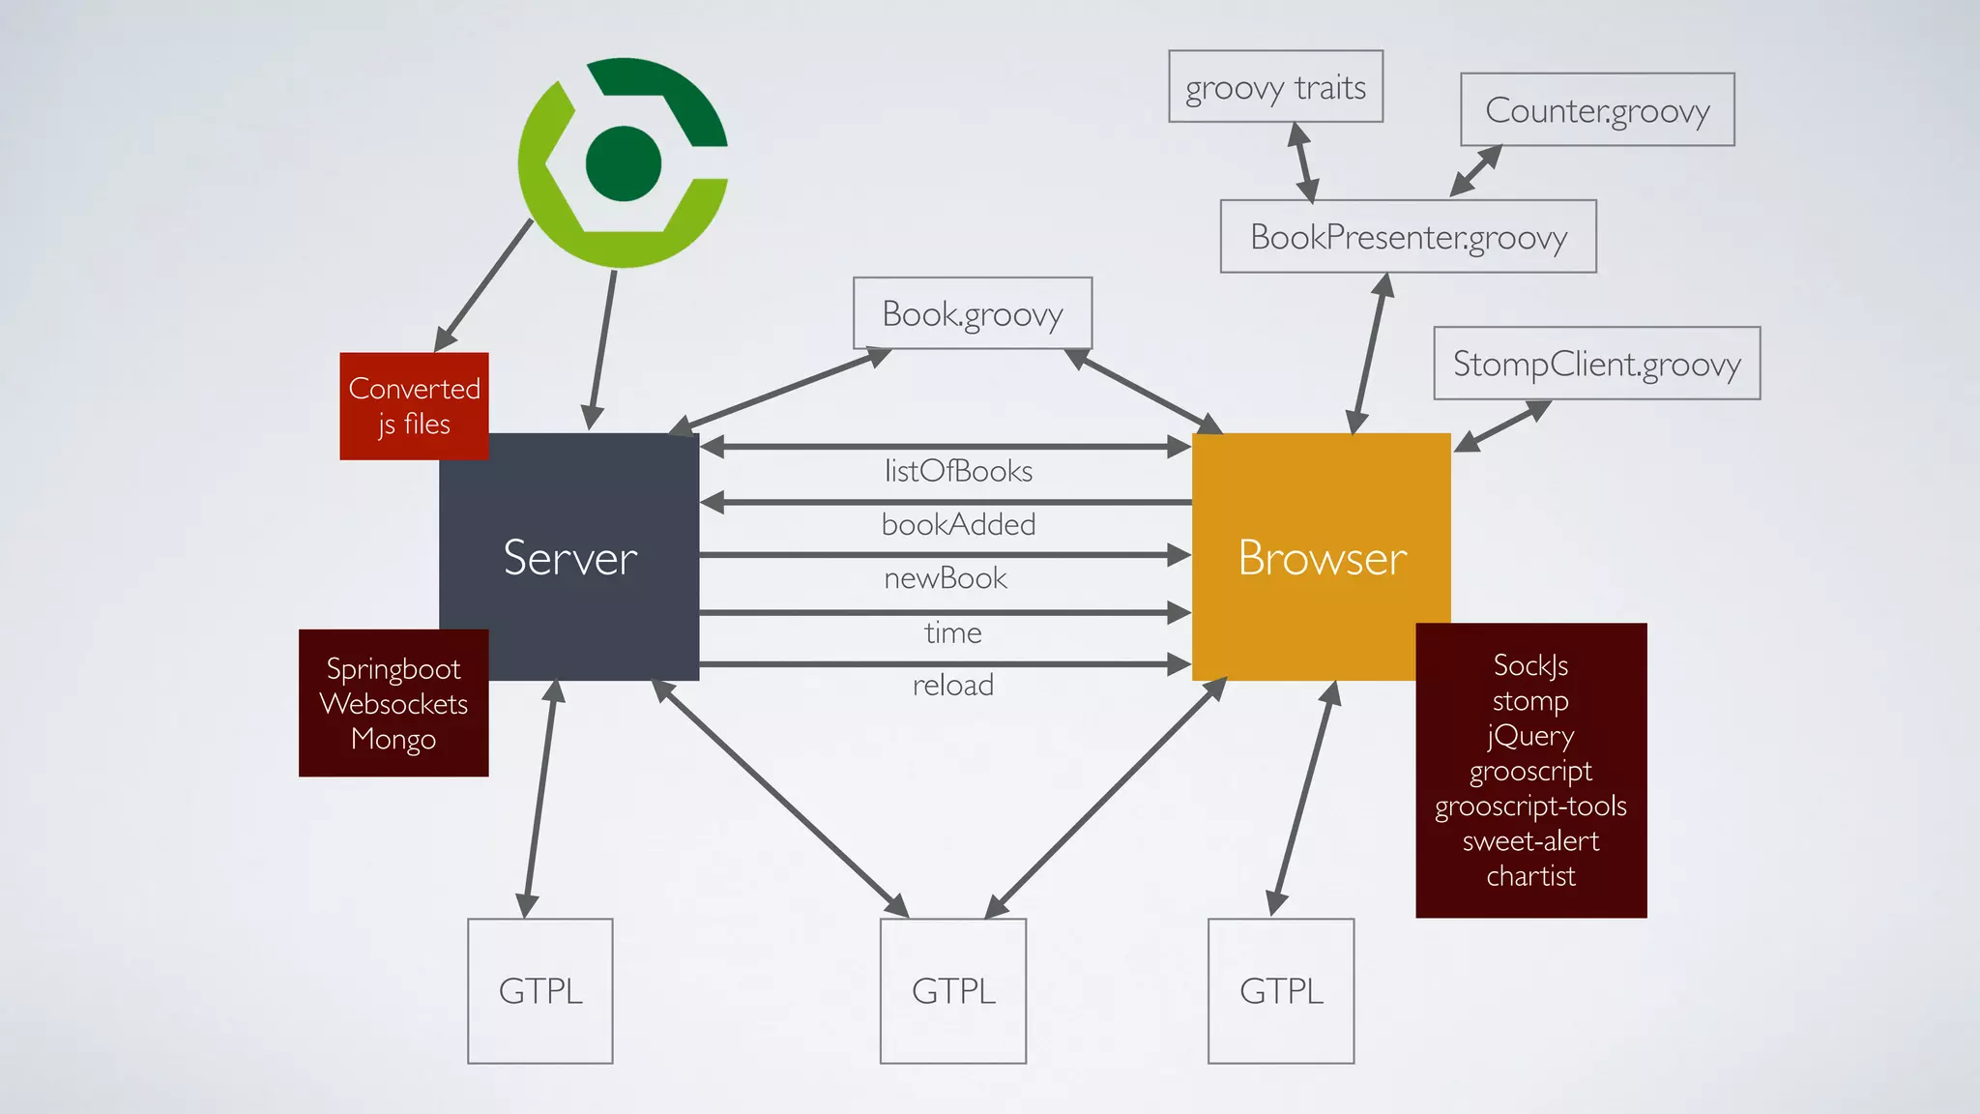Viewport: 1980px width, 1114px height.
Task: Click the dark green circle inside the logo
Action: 624,163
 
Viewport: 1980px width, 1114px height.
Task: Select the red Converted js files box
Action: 414,406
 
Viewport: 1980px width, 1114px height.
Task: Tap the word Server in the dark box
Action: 570,558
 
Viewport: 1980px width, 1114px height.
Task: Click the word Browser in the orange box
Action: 1322,558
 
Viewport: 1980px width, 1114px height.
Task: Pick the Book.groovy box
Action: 973,313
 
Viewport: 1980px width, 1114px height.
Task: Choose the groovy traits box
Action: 1275,87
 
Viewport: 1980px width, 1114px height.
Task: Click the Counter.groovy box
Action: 1597,110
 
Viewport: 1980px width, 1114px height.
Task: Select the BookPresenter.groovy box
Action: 1408,237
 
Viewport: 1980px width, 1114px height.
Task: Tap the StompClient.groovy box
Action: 1596,364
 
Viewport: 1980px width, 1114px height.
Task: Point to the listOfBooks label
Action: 958,471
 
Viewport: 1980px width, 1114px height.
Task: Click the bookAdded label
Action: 958,524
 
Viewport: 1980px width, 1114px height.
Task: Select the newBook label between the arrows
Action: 946,578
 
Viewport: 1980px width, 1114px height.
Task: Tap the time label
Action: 952,632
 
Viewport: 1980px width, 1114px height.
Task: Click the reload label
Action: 952,685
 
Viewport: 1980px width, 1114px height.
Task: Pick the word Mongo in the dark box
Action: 393,739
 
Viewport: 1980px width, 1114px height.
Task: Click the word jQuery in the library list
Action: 1530,736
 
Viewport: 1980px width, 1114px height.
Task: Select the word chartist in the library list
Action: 1530,876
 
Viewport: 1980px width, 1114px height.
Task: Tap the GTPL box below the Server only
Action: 540,991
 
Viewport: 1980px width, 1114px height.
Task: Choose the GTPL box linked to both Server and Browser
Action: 953,991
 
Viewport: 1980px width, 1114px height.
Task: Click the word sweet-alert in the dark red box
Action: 1530,841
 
